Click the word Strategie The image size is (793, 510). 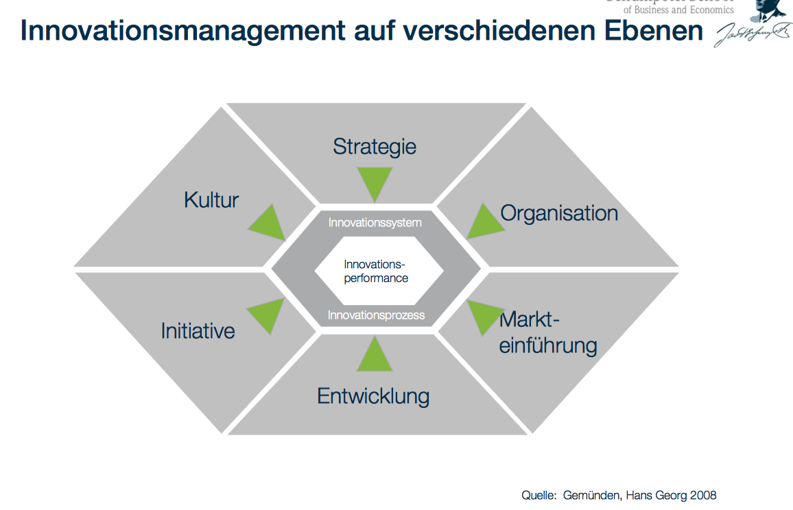point(375,147)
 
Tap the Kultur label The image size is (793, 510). point(211,200)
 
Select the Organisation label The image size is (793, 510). point(559,213)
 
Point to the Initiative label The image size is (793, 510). point(198,331)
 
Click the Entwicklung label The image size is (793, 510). point(373,396)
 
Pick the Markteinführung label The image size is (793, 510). point(547,332)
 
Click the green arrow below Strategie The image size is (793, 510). point(375,182)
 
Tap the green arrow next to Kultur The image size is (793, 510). point(270,223)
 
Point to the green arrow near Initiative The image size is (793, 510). point(267,313)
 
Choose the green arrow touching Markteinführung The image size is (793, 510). point(484,315)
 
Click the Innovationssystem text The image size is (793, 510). point(375,223)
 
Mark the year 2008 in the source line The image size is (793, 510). point(702,495)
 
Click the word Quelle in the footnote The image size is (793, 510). point(537,495)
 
